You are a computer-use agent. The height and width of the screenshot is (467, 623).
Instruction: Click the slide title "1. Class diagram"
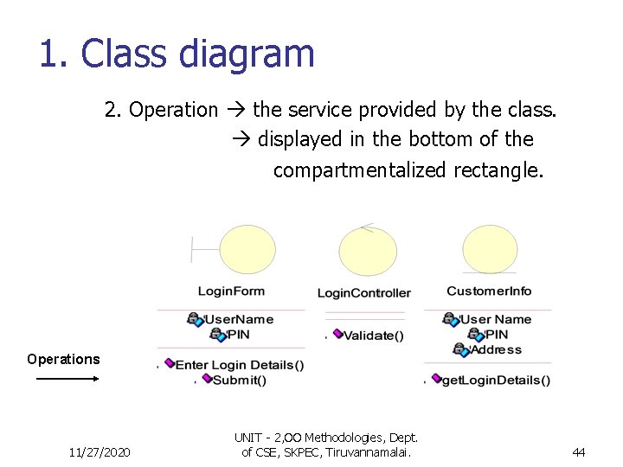click(177, 54)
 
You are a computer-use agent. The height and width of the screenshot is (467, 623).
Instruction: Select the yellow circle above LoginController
click(368, 251)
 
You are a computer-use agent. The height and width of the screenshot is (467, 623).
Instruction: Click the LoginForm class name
click(231, 291)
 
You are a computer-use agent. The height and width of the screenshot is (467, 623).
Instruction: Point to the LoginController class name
click(363, 293)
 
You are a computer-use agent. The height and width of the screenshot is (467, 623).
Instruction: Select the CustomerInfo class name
click(489, 291)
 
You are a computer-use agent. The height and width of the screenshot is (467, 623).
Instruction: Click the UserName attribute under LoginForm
click(238, 319)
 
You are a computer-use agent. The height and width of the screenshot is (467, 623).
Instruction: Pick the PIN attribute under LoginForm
click(237, 334)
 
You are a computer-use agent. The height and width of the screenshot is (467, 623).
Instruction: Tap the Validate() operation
click(373, 336)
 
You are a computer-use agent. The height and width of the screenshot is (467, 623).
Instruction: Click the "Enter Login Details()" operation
click(240, 365)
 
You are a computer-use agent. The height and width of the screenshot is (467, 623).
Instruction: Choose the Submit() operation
click(239, 380)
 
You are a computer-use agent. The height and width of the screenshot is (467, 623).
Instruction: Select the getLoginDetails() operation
click(496, 380)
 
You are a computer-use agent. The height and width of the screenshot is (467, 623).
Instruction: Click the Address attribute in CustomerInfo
click(496, 349)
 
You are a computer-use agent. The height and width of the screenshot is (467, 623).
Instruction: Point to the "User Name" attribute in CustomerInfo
click(495, 319)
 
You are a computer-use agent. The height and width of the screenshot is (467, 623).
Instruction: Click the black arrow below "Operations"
click(67, 378)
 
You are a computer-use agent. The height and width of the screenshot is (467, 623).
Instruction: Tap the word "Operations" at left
click(63, 359)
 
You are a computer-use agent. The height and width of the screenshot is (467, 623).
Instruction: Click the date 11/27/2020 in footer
click(100, 451)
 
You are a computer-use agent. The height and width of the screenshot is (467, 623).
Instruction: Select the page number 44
click(579, 451)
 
